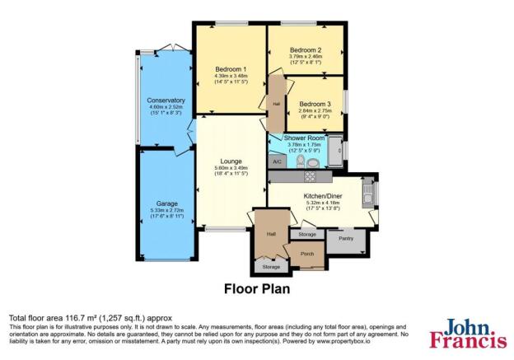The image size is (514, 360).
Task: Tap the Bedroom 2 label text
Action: click(305, 50)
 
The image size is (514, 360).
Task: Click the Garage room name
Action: click(167, 203)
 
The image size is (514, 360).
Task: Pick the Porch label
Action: click(307, 254)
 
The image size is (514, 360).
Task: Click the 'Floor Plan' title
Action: click(256, 289)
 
